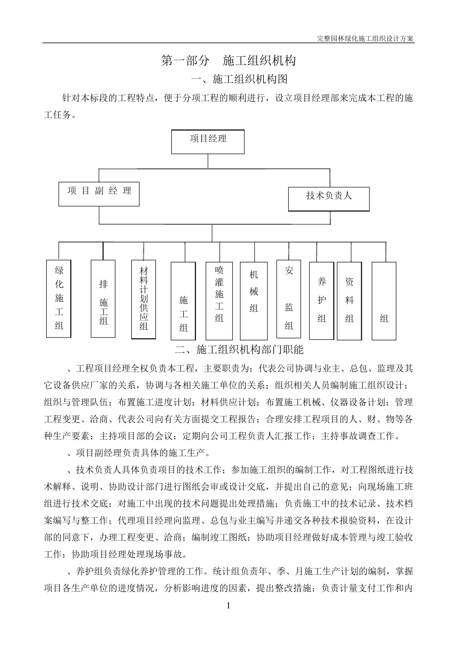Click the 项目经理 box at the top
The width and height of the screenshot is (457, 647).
[208, 142]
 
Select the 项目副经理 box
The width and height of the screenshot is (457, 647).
[99, 194]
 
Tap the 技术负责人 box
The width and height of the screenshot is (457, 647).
[329, 198]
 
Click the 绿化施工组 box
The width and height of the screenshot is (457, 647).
[59, 298]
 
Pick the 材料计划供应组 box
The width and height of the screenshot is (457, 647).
[143, 299]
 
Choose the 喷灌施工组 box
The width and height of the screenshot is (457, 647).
[219, 300]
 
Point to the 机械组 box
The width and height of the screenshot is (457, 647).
[254, 300]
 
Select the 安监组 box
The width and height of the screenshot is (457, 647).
[289, 298]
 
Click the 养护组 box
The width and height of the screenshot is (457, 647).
[321, 299]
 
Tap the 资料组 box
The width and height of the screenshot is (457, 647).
[349, 299]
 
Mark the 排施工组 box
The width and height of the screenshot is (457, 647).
[103, 298]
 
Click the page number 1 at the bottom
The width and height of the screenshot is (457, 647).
[228, 606]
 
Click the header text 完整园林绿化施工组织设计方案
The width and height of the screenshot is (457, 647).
[366, 39]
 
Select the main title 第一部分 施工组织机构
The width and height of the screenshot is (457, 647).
[228, 61]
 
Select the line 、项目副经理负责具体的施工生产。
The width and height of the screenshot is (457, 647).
[137, 453]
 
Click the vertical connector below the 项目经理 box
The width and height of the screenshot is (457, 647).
[208, 161]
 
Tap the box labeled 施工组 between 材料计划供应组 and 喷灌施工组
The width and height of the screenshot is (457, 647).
[183, 301]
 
